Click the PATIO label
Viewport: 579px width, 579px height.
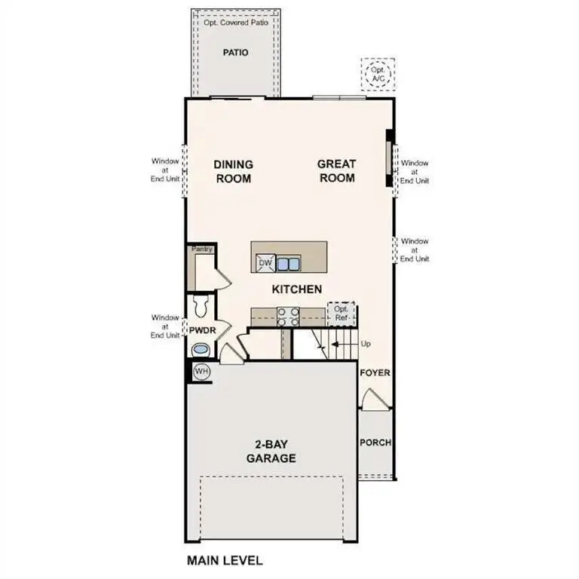[235, 53]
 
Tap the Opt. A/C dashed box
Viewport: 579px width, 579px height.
[377, 74]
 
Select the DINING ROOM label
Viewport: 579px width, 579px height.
[233, 171]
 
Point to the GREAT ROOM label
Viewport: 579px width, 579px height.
[336, 171]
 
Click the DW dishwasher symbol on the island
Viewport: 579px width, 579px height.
[264, 262]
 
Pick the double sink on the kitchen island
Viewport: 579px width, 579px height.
[288, 262]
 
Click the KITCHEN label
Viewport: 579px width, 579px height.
[297, 289]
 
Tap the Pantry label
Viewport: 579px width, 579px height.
[202, 249]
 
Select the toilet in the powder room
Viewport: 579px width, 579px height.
[201, 307]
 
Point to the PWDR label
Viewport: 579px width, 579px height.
[203, 330]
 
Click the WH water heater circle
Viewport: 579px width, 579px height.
[201, 371]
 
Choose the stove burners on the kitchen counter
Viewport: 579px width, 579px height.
[288, 316]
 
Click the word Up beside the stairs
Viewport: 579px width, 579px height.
[366, 343]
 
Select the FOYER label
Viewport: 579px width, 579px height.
[375, 373]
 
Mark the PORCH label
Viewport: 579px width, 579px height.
[375, 443]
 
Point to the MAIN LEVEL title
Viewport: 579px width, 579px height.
[224, 561]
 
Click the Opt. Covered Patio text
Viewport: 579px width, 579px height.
[235, 23]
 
